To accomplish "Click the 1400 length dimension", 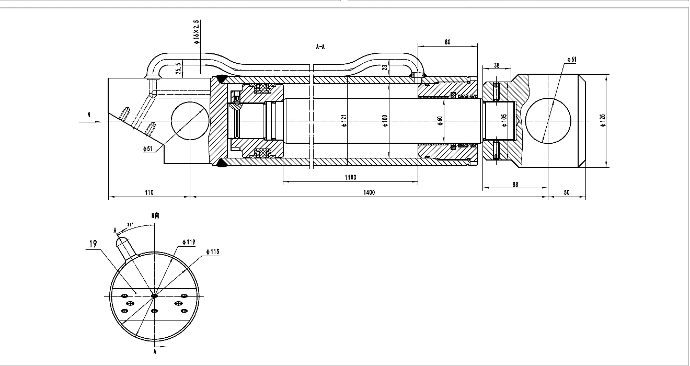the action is click(369, 192).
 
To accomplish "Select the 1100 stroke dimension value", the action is click(350, 177).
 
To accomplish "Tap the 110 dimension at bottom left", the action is click(149, 192).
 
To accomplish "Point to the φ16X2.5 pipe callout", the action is click(197, 32).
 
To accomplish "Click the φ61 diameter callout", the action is click(572, 60).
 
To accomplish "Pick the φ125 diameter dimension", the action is click(603, 120).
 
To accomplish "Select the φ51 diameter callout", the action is click(148, 149).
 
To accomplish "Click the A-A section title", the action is click(320, 47).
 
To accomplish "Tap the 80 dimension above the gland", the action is click(447, 42).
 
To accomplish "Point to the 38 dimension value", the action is click(497, 66).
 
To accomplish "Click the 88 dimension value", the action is click(515, 185).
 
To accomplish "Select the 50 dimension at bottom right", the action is click(567, 192).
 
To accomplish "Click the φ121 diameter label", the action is click(344, 120).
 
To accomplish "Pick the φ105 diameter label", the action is click(504, 120).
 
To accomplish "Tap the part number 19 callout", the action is click(93, 244).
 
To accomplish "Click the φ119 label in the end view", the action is click(189, 242).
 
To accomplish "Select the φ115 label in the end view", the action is click(213, 251).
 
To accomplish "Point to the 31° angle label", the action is click(130, 225).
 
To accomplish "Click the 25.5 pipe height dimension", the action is click(178, 68).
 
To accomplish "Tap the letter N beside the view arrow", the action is click(89, 115).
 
